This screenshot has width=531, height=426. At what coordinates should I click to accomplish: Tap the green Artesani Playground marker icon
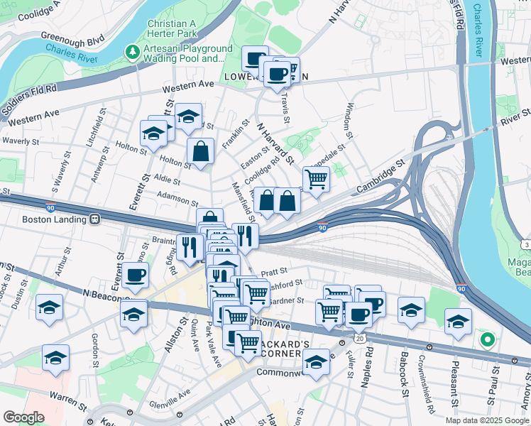132,51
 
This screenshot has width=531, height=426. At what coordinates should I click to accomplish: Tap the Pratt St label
273,271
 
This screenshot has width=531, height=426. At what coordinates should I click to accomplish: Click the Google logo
24,417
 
